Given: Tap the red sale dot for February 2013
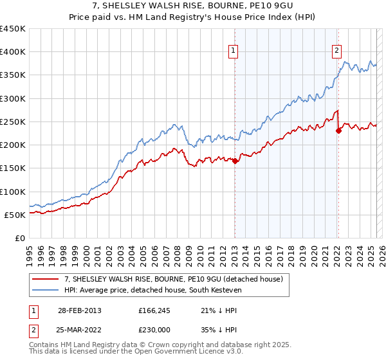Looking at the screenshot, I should [x=235, y=161].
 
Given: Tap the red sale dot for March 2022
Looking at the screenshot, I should [x=338, y=131].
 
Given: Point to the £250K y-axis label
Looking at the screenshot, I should [x=13, y=122].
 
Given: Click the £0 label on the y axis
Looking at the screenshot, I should [x=20, y=238].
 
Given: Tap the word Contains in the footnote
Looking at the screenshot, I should [x=46, y=346].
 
